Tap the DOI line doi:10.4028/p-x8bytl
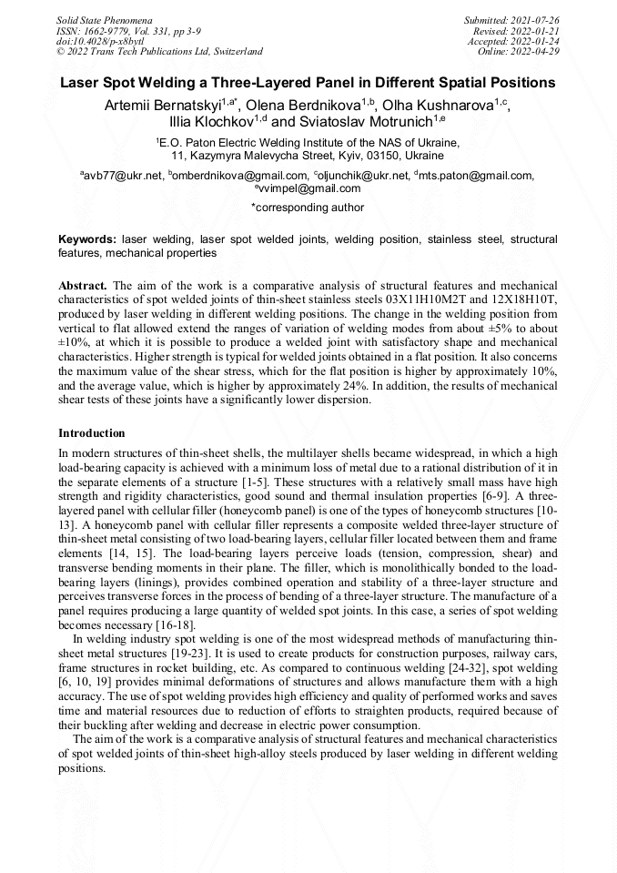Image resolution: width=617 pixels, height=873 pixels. pyautogui.click(x=99, y=42)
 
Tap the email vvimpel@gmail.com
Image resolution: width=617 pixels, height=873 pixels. pyautogui.click(x=310, y=189)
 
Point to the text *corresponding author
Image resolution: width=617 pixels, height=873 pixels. pyautogui.click(x=308, y=208)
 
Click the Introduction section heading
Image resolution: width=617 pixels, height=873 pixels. pyautogui.click(x=92, y=432)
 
